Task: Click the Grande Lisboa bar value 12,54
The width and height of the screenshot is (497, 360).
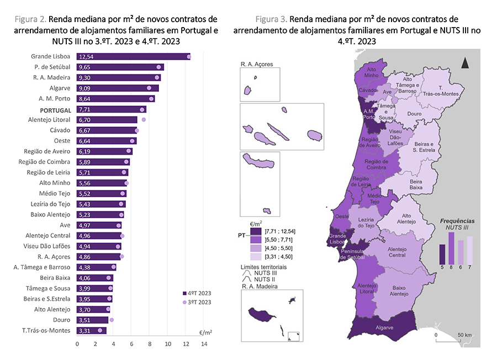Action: click(x=87, y=57)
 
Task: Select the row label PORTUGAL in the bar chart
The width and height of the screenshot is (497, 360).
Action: click(x=54, y=109)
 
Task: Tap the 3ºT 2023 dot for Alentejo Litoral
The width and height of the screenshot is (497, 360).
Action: click(x=144, y=119)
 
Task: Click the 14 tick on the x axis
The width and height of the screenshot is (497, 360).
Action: click(x=204, y=344)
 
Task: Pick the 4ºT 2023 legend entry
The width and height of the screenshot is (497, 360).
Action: click(x=197, y=293)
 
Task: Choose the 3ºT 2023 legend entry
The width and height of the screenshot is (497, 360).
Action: click(x=197, y=302)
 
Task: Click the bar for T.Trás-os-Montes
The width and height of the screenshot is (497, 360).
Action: click(x=92, y=330)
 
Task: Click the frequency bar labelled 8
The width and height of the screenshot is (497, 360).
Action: click(x=451, y=248)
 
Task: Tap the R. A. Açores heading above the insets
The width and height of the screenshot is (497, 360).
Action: click(x=257, y=65)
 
